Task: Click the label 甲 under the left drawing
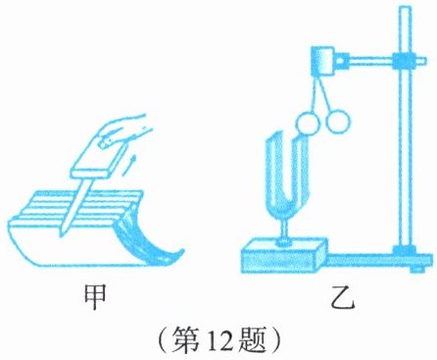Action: (x=95, y=297)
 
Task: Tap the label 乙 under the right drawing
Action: (x=342, y=297)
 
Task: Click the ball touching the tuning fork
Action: (x=308, y=123)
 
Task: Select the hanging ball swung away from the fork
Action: (x=338, y=122)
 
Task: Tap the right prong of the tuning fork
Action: (x=303, y=170)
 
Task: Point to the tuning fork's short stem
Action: (x=285, y=231)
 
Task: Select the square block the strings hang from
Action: (x=322, y=61)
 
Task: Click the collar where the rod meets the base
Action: (x=405, y=249)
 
